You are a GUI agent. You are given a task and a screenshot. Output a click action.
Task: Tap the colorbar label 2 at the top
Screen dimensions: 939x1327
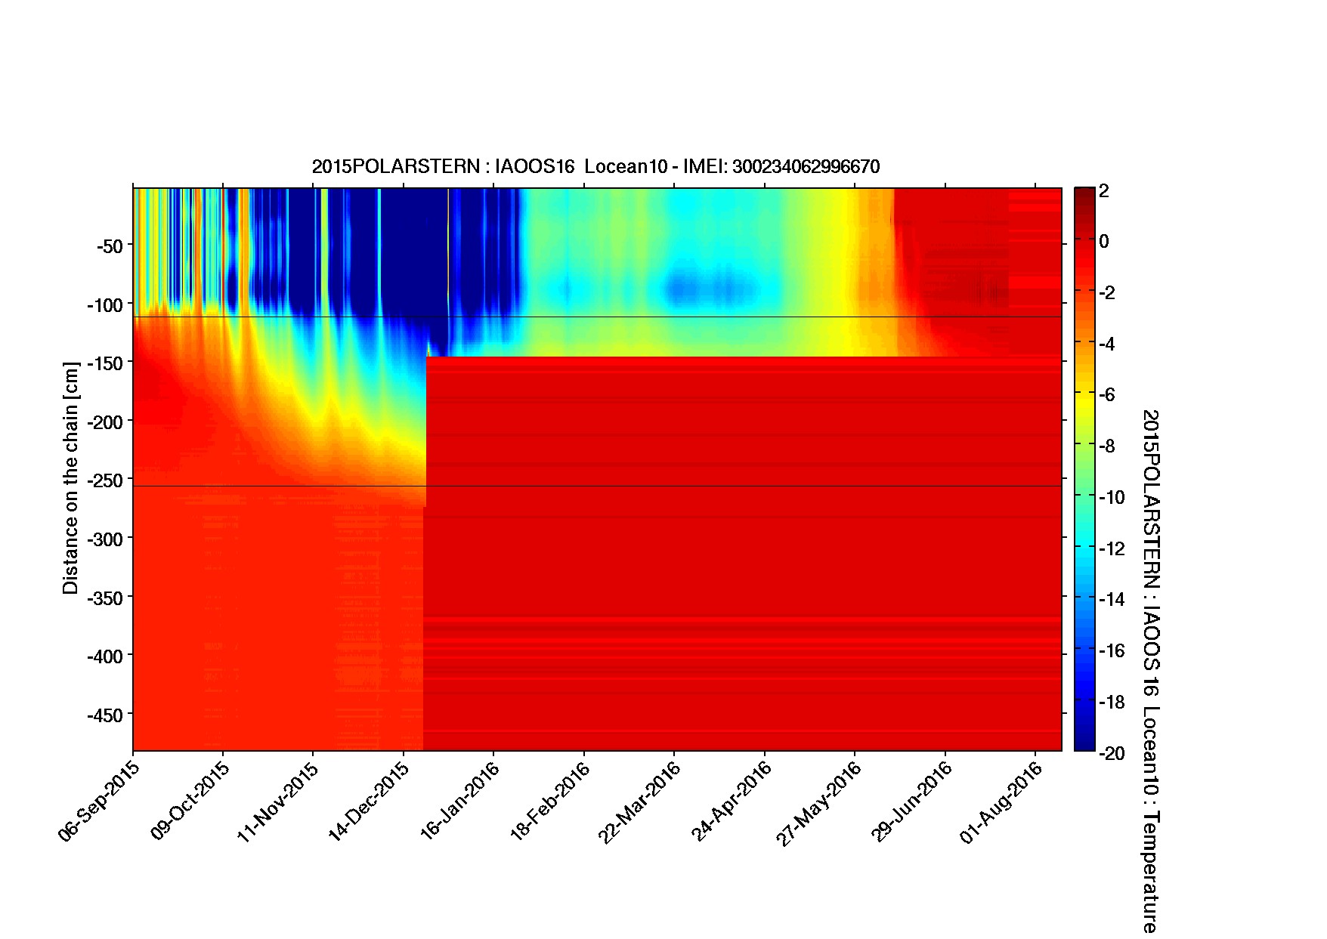(1104, 191)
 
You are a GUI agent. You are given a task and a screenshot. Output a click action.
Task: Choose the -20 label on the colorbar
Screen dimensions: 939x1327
(1110, 753)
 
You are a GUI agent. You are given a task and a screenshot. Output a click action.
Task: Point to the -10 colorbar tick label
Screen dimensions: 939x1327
(1110, 498)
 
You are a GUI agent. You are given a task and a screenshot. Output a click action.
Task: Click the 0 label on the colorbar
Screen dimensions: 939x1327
(1104, 242)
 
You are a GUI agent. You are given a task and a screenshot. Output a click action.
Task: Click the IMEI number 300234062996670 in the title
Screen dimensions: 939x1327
(806, 167)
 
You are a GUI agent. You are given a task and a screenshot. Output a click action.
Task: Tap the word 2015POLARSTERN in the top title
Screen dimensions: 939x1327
(394, 167)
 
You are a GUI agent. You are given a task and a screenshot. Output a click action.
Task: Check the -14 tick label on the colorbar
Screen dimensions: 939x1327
(1110, 600)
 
